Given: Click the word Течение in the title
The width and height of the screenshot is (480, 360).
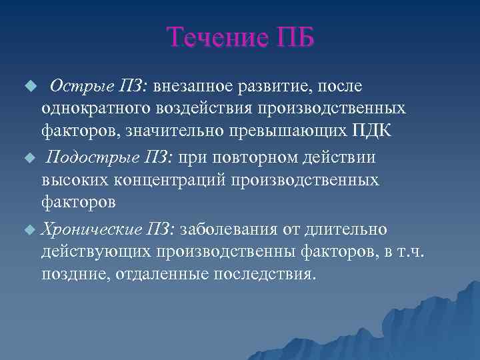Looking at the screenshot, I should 211,38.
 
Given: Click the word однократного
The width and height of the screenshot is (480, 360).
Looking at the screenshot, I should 94,107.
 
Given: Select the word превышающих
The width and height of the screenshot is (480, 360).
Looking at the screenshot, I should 291,129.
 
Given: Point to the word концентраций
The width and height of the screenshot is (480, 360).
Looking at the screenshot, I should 163,179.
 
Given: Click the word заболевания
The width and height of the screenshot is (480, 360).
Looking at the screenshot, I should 231,230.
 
